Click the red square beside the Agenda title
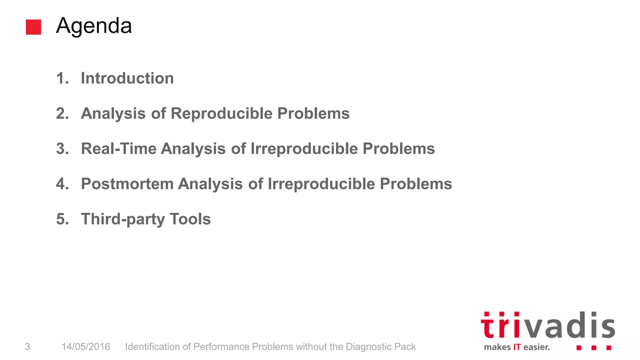[x=33, y=27]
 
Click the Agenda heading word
[x=94, y=26]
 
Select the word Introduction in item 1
[x=127, y=78]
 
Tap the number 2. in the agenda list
[x=62, y=113]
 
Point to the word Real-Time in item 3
[x=119, y=148]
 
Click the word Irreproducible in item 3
[x=304, y=148]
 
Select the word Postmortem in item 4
[x=127, y=184]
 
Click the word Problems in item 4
[x=416, y=184]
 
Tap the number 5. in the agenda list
[x=62, y=219]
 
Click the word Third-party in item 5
[x=123, y=219]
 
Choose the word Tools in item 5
[x=190, y=219]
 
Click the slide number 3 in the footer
[x=27, y=347]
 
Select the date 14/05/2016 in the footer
[x=86, y=347]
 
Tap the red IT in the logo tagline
[x=517, y=347]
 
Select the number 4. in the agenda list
[x=62, y=184]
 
